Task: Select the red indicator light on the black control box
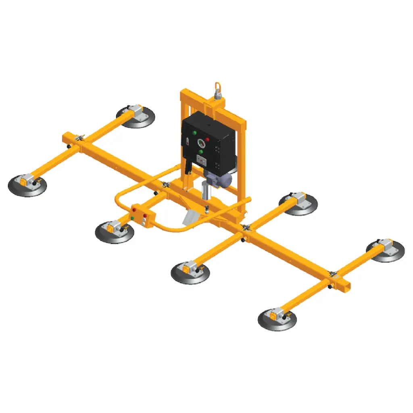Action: [208, 140]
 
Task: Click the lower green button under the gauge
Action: [200, 152]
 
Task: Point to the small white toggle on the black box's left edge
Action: [188, 142]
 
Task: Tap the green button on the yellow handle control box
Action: [133, 219]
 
